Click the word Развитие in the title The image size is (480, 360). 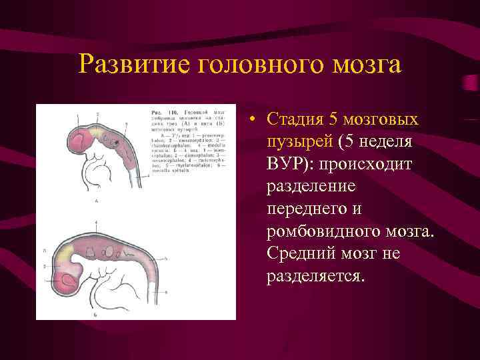[126, 65]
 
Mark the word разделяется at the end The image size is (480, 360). [315, 276]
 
